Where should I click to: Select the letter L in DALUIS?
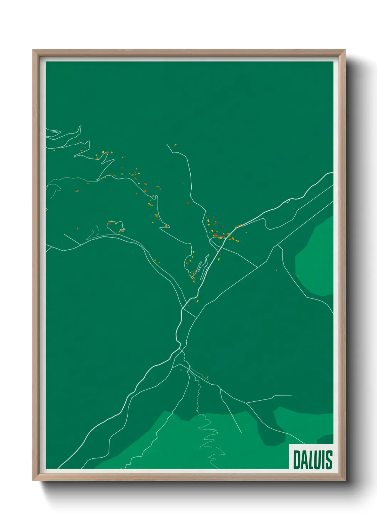pos(311,460)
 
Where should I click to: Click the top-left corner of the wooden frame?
pos(33,51)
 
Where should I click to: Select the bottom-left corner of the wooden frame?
pos(33,480)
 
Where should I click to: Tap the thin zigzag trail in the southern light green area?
pos(208,442)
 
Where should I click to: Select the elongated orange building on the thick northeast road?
pos(238,226)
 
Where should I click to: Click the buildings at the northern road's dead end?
pos(175,145)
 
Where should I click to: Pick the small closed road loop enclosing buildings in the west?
pos(116,226)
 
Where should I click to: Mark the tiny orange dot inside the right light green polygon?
pos(298,276)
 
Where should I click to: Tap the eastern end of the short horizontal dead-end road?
pos(291,396)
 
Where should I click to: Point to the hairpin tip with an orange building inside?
pos(166,226)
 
